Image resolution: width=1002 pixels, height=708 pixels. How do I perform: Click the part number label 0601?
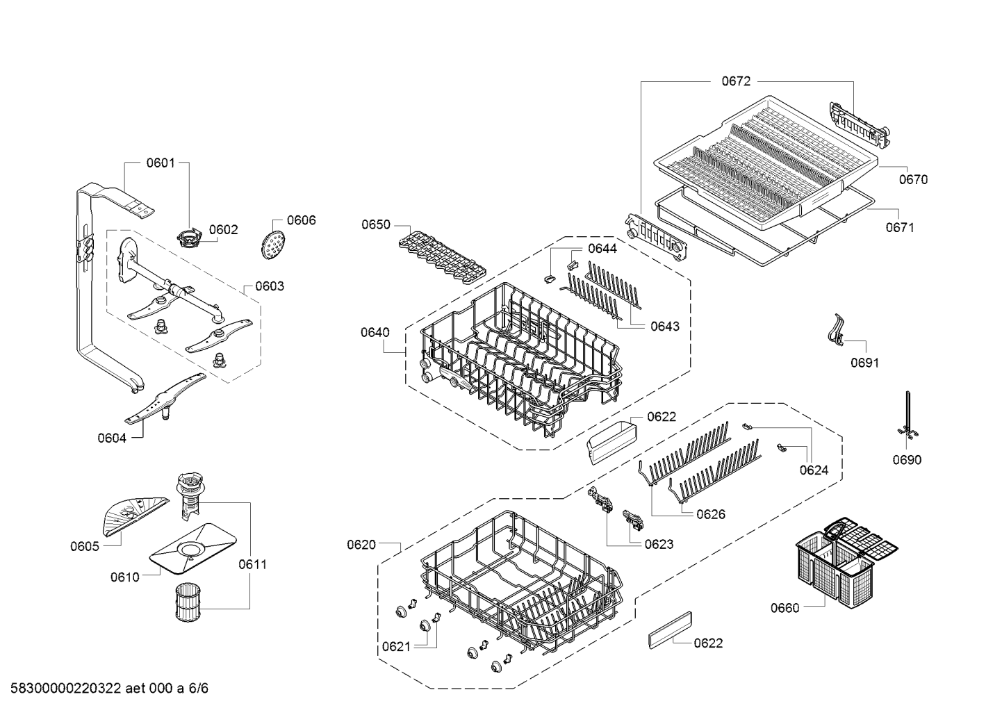pyautogui.click(x=160, y=163)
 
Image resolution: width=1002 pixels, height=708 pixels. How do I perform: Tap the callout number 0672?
pyautogui.click(x=736, y=81)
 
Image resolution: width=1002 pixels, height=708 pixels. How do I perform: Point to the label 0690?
pyautogui.click(x=907, y=460)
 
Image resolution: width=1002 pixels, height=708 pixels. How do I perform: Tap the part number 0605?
pyautogui.click(x=84, y=546)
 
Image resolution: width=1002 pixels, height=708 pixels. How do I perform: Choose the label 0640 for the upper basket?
pyautogui.click(x=375, y=332)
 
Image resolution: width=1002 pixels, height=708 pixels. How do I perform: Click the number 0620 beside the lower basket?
pyautogui.click(x=361, y=545)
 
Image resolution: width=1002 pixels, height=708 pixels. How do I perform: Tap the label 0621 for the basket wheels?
pyautogui.click(x=395, y=647)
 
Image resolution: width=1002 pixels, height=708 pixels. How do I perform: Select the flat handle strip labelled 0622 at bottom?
pyautogui.click(x=670, y=629)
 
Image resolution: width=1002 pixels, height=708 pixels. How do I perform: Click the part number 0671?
pyautogui.click(x=900, y=227)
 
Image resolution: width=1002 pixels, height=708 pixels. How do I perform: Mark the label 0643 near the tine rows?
pyautogui.click(x=665, y=326)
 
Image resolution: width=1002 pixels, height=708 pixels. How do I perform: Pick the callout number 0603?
pyautogui.click(x=269, y=286)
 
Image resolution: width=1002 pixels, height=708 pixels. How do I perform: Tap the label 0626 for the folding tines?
pyautogui.click(x=710, y=514)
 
